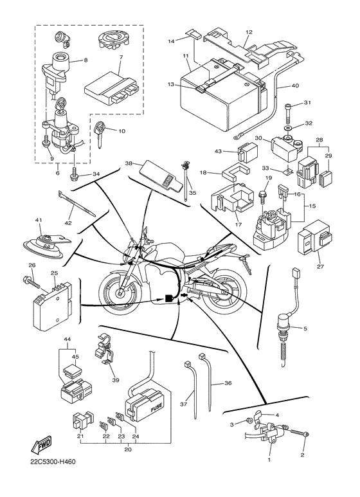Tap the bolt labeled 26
pos(32,281)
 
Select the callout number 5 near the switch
pos(305,329)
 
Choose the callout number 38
pos(129,163)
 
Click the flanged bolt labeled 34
pos(76,174)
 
